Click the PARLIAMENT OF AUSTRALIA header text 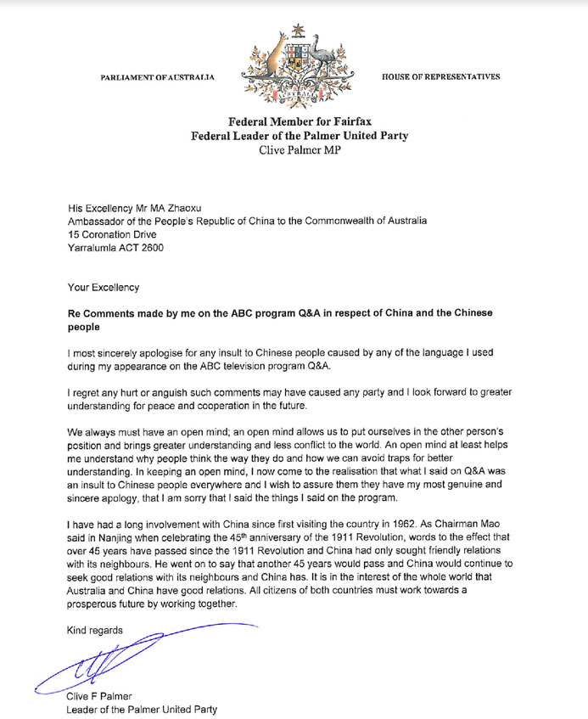157,77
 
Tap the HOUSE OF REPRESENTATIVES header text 440,77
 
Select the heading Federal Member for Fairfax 294,122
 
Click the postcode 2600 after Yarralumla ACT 150,249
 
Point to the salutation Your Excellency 103,288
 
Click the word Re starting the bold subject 75,313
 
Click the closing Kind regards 94,630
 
